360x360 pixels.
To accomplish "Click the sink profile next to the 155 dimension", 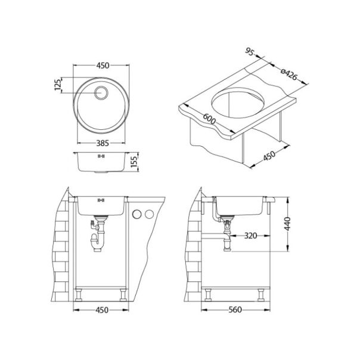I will [x=101, y=162].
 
